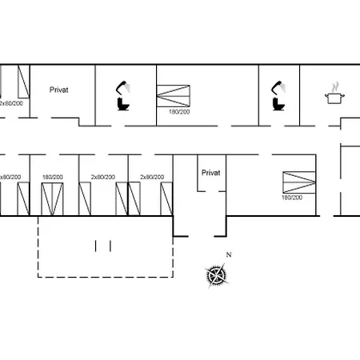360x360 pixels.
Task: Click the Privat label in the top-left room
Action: (59, 90)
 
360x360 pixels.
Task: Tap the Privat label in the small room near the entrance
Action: (211, 173)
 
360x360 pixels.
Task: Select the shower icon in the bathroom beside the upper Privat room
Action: (123, 87)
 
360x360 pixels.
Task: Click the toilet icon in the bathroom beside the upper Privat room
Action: (123, 104)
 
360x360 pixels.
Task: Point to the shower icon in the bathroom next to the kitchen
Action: (278, 87)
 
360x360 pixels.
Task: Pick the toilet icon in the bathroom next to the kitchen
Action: (278, 104)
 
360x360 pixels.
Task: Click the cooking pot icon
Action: (334, 98)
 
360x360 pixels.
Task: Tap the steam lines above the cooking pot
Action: (335, 87)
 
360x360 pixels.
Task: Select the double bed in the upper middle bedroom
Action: (174, 96)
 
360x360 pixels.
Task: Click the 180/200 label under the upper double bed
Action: (179, 112)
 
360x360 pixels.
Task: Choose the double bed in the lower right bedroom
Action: (299, 182)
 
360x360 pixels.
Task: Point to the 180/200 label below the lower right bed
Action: (292, 198)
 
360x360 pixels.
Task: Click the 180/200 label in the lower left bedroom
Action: (53, 177)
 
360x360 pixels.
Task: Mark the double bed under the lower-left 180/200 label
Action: (52, 199)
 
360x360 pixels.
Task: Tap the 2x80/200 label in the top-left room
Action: (11, 103)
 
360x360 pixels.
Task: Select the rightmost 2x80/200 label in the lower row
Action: (152, 177)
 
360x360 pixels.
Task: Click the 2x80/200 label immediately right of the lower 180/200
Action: (103, 177)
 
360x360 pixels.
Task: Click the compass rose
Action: (217, 275)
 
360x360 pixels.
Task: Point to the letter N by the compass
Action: (229, 254)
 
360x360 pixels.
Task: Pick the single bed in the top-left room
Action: (23, 82)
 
